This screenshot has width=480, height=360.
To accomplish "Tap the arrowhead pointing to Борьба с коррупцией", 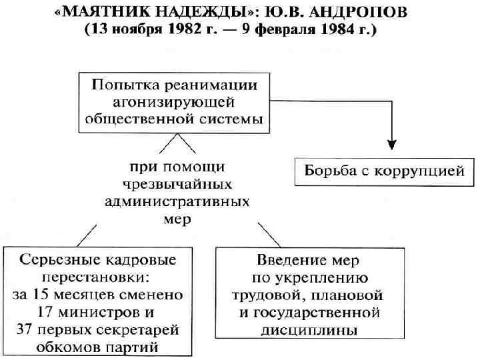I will point(392,145).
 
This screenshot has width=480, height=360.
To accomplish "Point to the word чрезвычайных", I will point(177,183).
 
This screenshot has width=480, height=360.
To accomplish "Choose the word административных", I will point(177,201).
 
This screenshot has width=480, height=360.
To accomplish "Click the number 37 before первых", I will point(26,329).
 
